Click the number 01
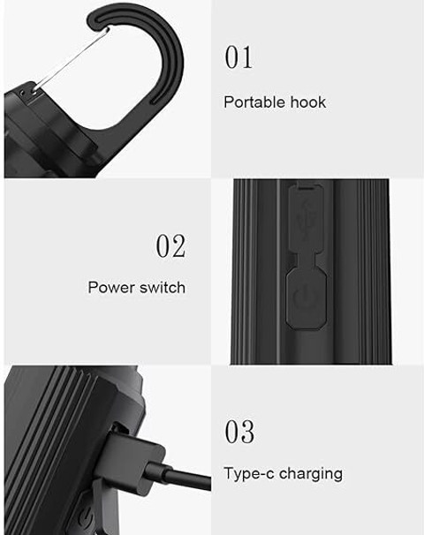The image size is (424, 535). point(238,57)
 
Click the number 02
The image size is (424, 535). point(170,245)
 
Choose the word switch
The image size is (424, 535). point(163,287)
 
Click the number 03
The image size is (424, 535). point(239,432)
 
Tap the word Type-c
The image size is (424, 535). point(249,474)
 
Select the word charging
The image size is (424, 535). point(311,474)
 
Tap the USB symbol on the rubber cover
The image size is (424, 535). point(306,220)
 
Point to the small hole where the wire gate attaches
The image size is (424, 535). point(34,90)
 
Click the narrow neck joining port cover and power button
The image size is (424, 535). point(306,260)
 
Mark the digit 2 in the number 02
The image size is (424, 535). point(178,245)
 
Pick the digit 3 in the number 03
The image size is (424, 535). point(247,432)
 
